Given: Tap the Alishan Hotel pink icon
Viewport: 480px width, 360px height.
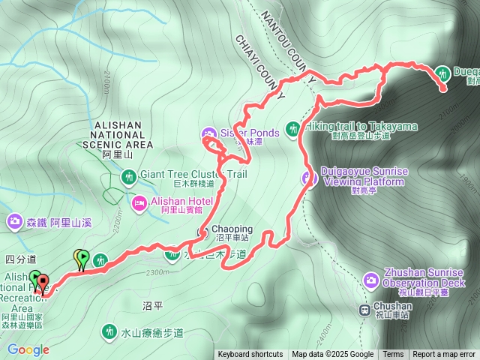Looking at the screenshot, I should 139,202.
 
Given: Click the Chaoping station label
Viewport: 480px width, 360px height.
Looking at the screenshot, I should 231,229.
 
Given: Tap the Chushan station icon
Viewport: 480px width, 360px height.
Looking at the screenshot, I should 363,307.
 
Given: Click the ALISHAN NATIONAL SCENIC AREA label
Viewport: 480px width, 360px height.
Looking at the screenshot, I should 124,134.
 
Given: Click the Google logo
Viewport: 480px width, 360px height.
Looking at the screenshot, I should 28,349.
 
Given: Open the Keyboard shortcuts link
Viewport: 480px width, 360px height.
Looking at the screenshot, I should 250,355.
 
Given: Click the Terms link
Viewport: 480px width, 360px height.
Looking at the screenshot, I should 393,355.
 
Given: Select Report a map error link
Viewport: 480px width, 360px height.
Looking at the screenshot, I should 445,355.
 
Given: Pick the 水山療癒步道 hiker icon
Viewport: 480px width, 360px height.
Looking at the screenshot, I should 109,331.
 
